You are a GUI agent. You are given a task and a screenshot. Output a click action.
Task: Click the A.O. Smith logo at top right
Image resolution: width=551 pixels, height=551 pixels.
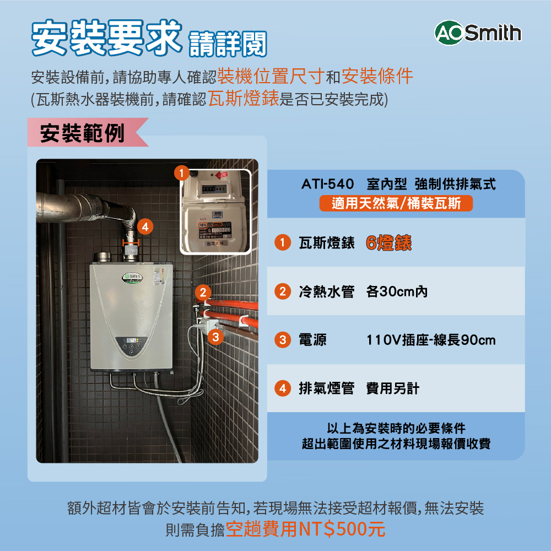click(x=478, y=34)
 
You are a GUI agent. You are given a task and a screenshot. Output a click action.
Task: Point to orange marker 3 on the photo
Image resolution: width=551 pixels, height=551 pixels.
click(x=216, y=336)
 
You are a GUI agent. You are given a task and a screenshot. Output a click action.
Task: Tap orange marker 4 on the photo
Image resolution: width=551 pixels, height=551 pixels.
click(x=144, y=226)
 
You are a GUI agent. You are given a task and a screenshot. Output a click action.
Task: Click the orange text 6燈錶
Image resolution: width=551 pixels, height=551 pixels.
click(x=388, y=243)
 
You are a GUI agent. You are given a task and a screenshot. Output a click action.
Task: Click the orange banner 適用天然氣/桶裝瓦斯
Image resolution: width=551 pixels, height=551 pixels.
click(x=396, y=204)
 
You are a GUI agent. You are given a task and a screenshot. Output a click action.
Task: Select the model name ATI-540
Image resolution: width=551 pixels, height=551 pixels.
click(x=328, y=184)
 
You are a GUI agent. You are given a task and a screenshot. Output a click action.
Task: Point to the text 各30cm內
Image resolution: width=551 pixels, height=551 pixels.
click(x=396, y=292)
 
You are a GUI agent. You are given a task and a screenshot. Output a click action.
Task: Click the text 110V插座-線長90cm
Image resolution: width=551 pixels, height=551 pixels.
click(x=431, y=341)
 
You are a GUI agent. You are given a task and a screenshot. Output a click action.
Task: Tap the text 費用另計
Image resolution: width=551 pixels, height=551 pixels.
click(x=392, y=389)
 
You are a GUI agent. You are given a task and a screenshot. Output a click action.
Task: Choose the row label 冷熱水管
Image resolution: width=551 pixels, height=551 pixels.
click(x=326, y=292)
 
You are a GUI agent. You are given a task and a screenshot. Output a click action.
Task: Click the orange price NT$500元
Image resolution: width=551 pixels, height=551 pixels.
click(x=341, y=530)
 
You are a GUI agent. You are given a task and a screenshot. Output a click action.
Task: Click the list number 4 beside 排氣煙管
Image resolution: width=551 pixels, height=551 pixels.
click(x=282, y=389)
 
